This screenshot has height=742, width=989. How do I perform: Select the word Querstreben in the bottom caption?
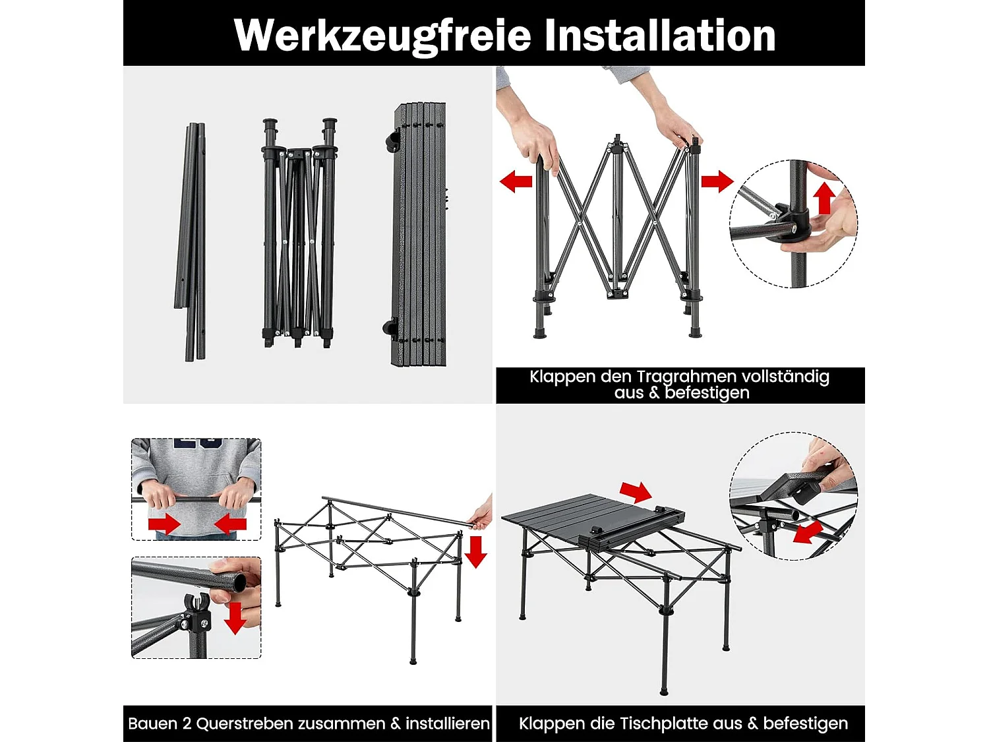291,724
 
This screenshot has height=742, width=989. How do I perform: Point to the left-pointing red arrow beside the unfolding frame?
516,181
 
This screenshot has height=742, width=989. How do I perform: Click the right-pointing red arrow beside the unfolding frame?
717,181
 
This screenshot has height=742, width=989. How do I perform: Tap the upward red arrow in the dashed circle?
824,198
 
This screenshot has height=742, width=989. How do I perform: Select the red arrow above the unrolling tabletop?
636,491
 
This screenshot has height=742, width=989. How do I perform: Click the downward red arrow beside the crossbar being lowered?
475,551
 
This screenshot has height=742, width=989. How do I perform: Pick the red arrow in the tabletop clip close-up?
807,532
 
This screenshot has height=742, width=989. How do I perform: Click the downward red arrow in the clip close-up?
235,617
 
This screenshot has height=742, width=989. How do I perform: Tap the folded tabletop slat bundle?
419,234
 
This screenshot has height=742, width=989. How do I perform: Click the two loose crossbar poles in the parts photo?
192,241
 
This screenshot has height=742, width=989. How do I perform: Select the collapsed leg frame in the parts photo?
299,234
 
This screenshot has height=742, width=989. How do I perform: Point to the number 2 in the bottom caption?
187,724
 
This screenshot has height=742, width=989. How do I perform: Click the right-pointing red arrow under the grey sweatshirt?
164,524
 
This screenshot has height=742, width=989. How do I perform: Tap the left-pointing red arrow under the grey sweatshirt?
230,524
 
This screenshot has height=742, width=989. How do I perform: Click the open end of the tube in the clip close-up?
238,582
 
